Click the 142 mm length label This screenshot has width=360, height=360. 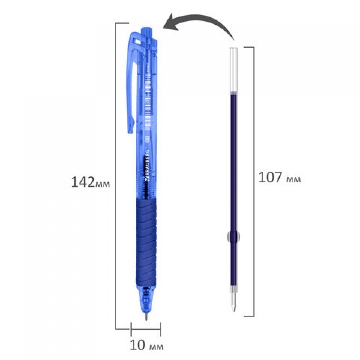[91, 182]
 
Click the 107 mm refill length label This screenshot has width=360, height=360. [280, 178]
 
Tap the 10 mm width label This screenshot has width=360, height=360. [146, 345]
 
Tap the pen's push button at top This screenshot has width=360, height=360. [146, 32]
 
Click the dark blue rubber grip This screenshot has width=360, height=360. [146, 242]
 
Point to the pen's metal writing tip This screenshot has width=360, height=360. [146, 316]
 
